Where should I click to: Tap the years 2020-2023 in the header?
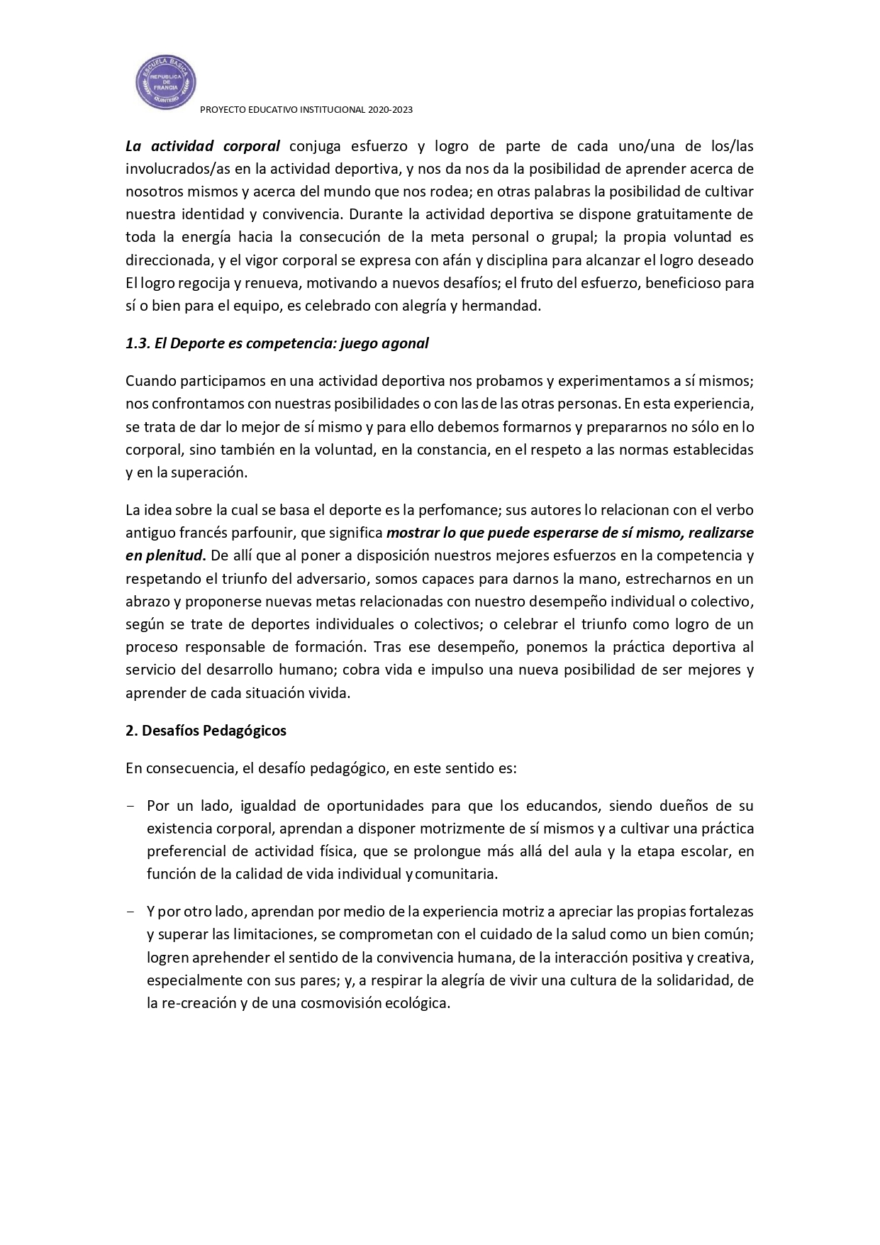(x=389, y=111)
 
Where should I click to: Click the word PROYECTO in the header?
(x=221, y=111)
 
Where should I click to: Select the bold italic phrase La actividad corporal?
(x=203, y=147)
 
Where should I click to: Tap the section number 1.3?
(x=135, y=343)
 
